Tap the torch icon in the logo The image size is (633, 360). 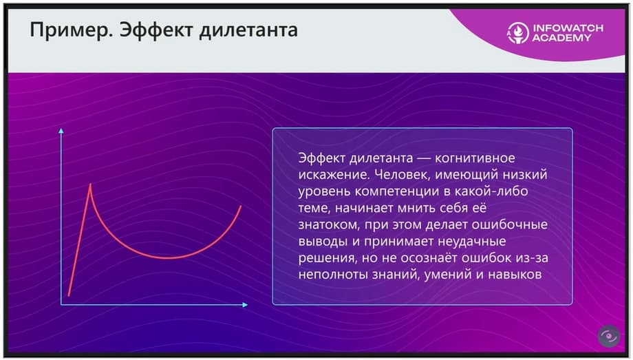point(518,33)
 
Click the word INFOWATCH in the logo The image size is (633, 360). point(568,28)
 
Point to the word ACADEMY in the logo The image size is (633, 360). point(561,38)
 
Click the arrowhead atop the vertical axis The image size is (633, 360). point(61,131)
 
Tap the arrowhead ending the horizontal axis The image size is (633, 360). point(245,305)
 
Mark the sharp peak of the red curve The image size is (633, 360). point(90,184)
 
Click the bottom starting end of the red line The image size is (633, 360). point(69,295)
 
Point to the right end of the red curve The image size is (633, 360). point(241,206)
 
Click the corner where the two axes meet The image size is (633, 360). point(61,305)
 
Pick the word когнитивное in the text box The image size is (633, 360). point(475,158)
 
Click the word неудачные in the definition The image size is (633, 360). point(472,241)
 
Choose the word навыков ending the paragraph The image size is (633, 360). point(515,275)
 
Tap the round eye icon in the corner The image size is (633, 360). point(609,336)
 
